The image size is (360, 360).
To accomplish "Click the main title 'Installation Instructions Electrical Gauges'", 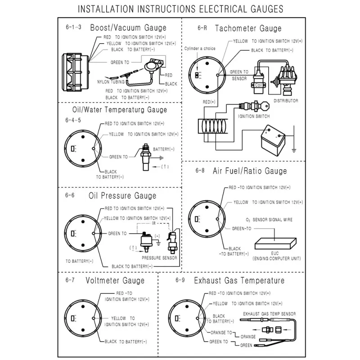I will click(180, 8).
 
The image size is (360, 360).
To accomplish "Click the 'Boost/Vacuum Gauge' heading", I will click(128, 28).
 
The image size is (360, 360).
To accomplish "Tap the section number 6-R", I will click(202, 28).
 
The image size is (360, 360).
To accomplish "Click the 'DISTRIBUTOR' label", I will click(286, 101).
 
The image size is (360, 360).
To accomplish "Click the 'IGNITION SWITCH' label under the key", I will click(253, 116).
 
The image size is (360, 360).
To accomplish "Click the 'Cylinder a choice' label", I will click(200, 49).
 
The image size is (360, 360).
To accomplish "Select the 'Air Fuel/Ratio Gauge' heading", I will click(250, 171).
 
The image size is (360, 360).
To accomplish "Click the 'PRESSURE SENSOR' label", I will click(159, 258).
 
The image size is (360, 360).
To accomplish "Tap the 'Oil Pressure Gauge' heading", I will click(122, 196).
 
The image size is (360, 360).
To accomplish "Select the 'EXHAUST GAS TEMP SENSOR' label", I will click(270, 314).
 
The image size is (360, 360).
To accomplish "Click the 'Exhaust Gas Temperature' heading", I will click(239, 280).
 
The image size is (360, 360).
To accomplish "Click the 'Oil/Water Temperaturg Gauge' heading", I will click(119, 109).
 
